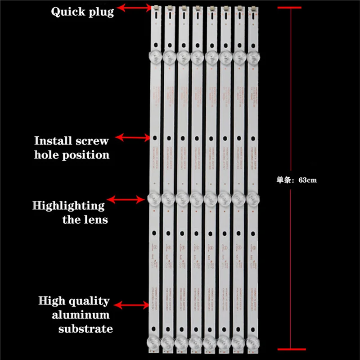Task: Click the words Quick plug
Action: click(82, 12)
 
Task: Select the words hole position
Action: click(72, 155)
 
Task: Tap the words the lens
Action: click(85, 220)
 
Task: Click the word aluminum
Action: click(80, 315)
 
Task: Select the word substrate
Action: click(85, 329)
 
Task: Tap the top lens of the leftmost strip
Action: click(154, 57)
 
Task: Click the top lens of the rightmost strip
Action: click(253, 57)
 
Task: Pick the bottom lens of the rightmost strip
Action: click(253, 343)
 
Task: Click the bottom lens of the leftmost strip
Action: click(154, 343)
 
